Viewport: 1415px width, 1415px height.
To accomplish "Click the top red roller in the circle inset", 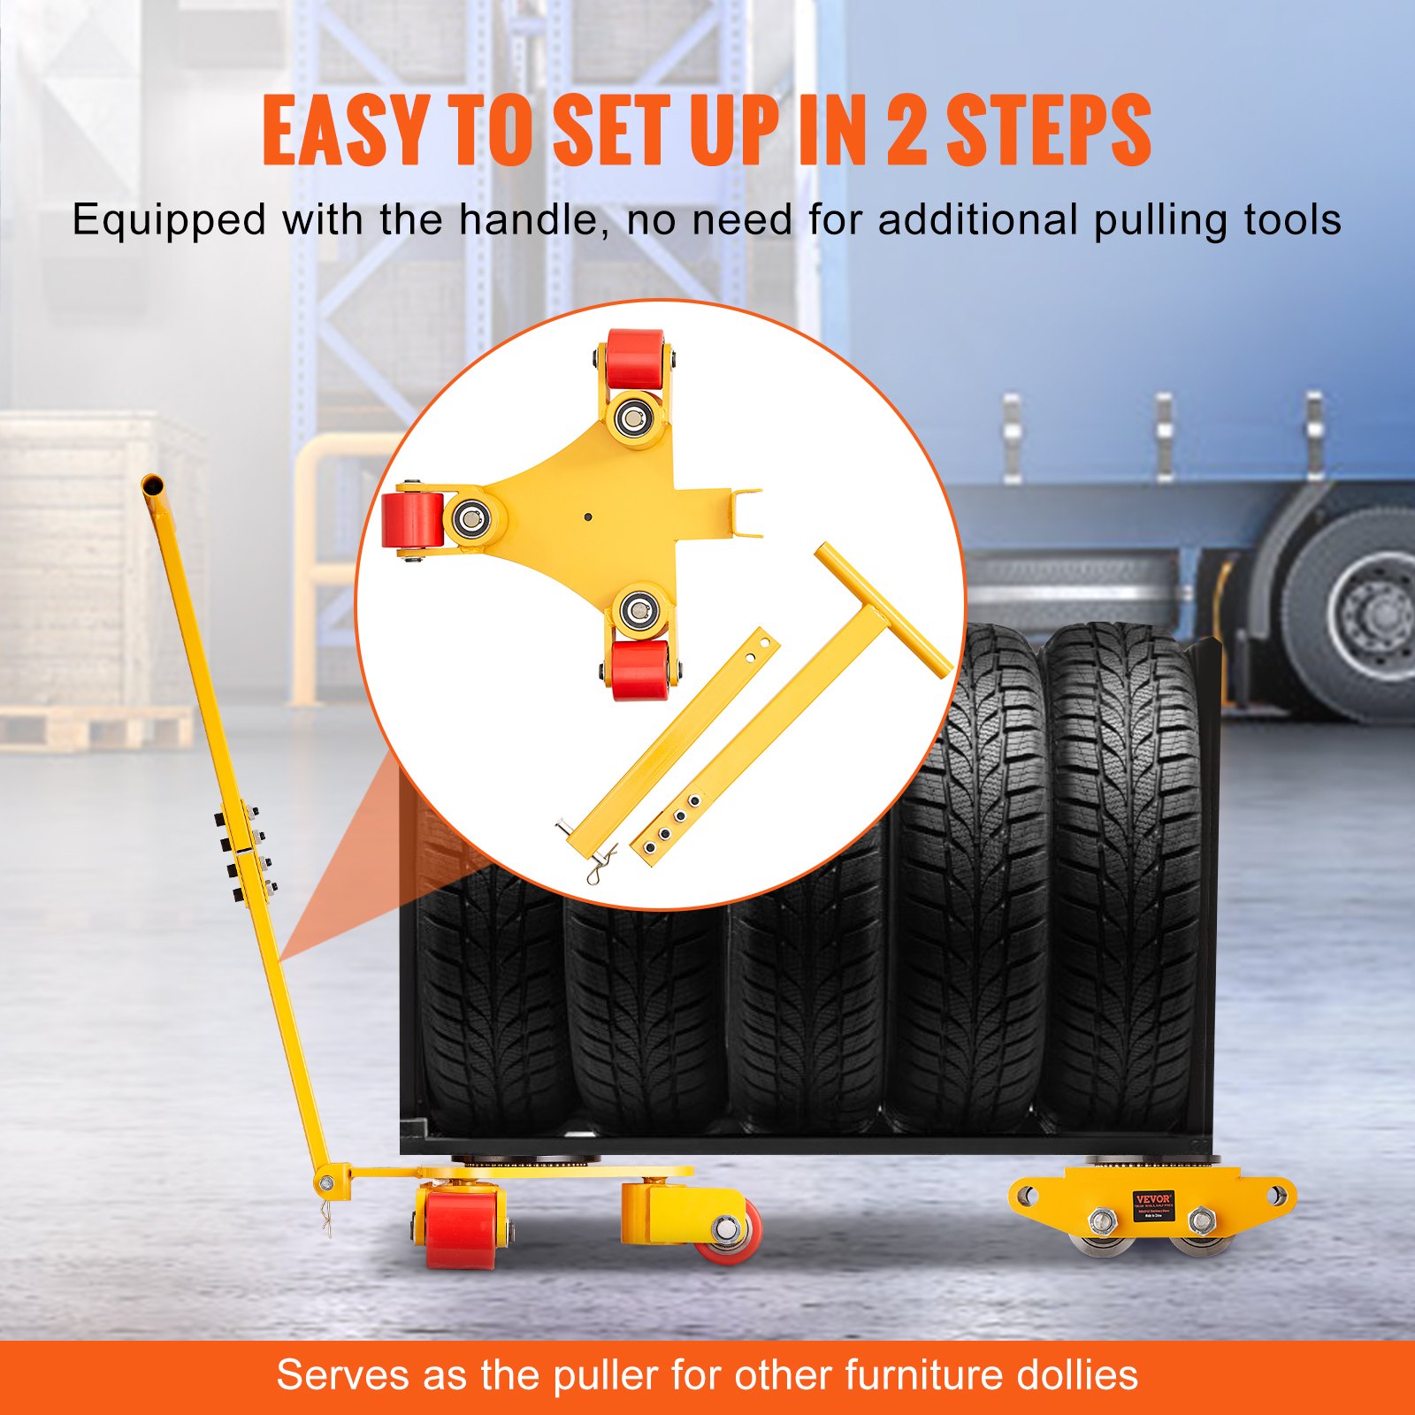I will [x=634, y=358].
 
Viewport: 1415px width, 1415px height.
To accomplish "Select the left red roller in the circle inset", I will [x=412, y=520].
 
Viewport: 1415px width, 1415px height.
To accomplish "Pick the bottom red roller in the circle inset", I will [x=639, y=669].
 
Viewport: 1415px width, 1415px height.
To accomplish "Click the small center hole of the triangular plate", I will [x=587, y=516].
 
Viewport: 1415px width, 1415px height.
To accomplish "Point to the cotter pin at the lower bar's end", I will [x=600, y=862].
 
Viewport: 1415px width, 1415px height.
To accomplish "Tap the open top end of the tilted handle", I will [x=153, y=486].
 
